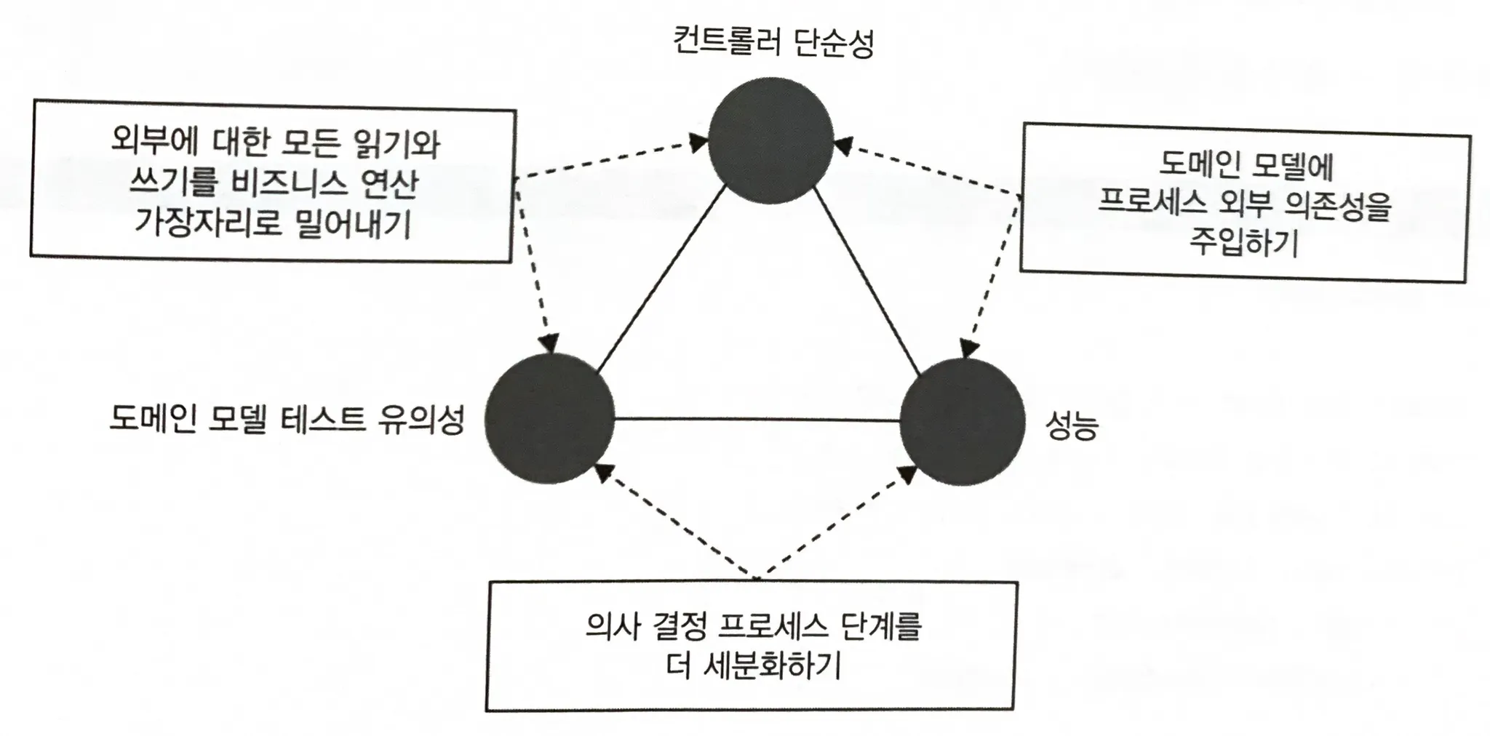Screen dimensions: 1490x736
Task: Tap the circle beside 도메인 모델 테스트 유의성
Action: pyautogui.click(x=549, y=420)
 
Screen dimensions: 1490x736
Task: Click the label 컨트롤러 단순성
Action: pyautogui.click(x=773, y=42)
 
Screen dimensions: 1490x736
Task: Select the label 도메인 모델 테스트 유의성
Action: pyautogui.click(x=286, y=419)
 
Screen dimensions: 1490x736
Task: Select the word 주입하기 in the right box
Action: pyautogui.click(x=1244, y=242)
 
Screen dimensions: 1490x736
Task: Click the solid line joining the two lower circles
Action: pyautogui.click(x=757, y=419)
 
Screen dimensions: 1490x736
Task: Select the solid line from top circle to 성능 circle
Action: pyautogui.click(x=867, y=281)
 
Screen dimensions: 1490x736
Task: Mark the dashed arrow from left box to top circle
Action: pyautogui.click(x=611, y=159)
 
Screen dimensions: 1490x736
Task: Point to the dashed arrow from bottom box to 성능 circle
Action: pyautogui.click(x=837, y=521)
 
